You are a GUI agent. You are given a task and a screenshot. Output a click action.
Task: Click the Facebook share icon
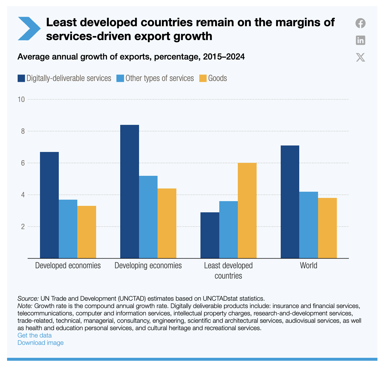[360, 23]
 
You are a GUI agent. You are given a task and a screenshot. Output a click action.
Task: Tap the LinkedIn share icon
[360, 40]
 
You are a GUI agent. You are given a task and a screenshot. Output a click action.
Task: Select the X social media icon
[360, 57]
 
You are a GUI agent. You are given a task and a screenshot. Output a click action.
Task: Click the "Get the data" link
[34, 335]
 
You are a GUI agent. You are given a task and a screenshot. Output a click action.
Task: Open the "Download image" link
[40, 342]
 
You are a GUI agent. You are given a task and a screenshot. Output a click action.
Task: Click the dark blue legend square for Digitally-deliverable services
[21, 78]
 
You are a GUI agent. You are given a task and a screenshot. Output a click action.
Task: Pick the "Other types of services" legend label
[160, 78]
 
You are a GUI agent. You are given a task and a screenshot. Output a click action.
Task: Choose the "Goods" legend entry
[218, 78]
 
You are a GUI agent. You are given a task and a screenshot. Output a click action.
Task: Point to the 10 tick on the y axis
[21, 99]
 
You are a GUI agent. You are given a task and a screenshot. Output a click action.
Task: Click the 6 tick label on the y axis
[22, 163]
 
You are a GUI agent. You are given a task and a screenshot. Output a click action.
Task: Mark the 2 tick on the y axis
[22, 226]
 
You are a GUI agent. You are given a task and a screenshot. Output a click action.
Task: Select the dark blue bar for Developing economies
[130, 191]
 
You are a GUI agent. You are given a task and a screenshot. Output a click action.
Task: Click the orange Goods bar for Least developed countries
[247, 211]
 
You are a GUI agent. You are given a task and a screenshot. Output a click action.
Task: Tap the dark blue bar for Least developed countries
[210, 235]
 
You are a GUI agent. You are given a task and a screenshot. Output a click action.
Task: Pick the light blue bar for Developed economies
[68, 229]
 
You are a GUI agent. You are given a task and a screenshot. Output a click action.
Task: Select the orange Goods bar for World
[327, 228]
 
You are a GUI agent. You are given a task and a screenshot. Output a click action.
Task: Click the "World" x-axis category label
[309, 266]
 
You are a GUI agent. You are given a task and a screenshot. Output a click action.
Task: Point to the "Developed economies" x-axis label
[68, 266]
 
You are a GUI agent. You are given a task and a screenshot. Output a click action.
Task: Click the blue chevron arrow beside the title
[29, 29]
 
